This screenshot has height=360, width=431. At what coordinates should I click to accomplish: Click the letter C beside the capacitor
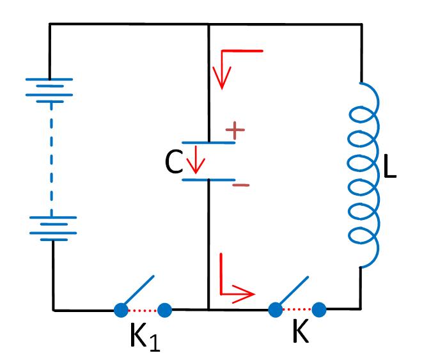click(175, 163)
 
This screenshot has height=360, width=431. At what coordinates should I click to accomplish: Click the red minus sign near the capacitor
click(241, 185)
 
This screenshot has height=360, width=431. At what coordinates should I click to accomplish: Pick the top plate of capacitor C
click(208, 142)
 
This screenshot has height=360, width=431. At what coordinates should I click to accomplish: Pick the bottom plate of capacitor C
click(208, 180)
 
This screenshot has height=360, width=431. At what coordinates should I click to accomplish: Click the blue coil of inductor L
click(363, 173)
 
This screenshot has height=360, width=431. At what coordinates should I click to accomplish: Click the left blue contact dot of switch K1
click(120, 310)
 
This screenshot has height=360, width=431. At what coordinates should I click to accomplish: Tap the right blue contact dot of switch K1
click(164, 310)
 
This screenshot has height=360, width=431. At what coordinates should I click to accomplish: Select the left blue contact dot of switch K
click(275, 310)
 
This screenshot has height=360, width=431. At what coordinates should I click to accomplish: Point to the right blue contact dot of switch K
click(318, 310)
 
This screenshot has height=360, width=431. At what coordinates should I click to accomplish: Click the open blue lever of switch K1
click(138, 291)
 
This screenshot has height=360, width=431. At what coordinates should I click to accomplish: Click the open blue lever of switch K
click(293, 292)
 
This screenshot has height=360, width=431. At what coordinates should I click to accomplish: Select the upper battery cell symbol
click(49, 88)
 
